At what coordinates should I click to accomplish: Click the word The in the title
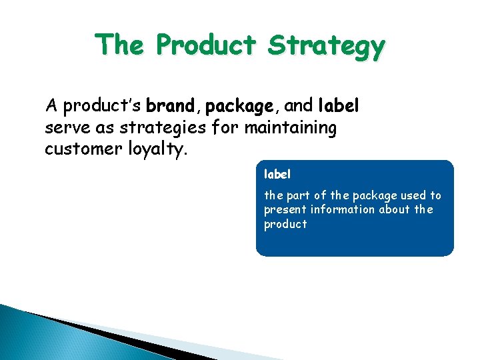point(121,45)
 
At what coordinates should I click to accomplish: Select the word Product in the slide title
point(205,45)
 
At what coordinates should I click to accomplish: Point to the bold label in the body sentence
point(339,105)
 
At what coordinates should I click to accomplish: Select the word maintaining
point(291,128)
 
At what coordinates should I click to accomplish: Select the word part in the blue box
point(299,195)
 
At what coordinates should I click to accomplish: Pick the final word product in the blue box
point(285,225)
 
